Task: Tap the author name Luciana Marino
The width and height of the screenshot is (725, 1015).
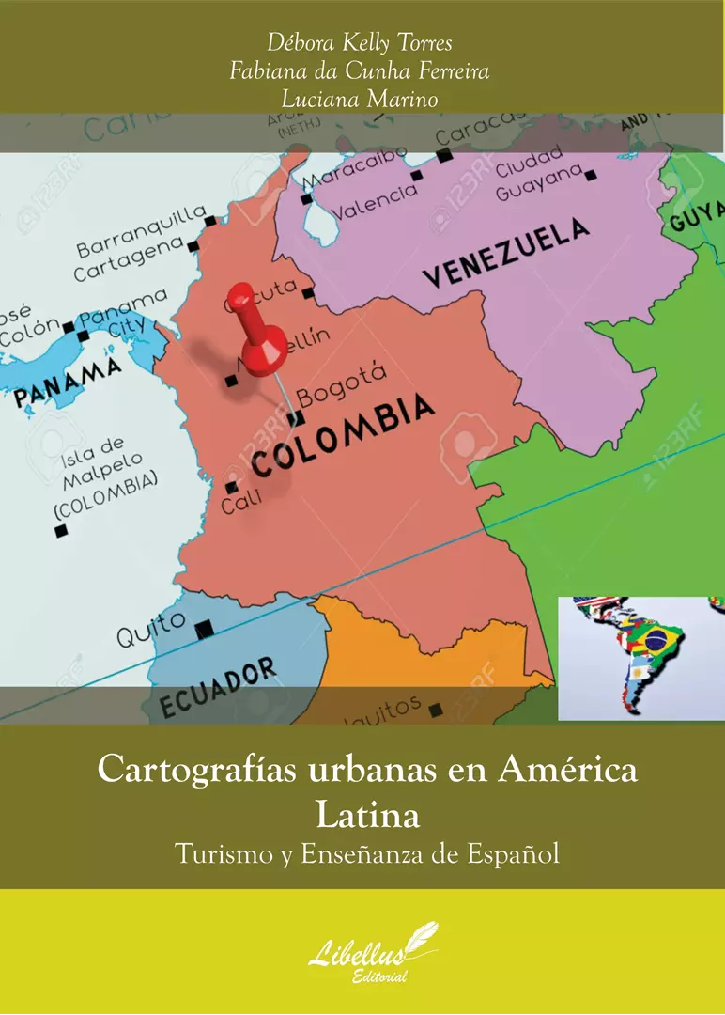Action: coord(362,99)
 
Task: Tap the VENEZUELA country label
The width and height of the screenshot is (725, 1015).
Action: coord(507,252)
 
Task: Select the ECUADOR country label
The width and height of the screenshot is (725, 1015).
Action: coord(219,687)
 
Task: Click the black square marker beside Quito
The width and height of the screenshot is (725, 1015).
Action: coord(204,628)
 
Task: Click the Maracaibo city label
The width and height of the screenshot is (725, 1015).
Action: coord(355,165)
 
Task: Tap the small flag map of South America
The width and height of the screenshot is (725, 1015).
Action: coord(640,657)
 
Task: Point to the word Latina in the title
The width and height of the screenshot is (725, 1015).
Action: coord(367,814)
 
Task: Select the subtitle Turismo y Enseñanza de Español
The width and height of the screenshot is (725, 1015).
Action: coord(366,854)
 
